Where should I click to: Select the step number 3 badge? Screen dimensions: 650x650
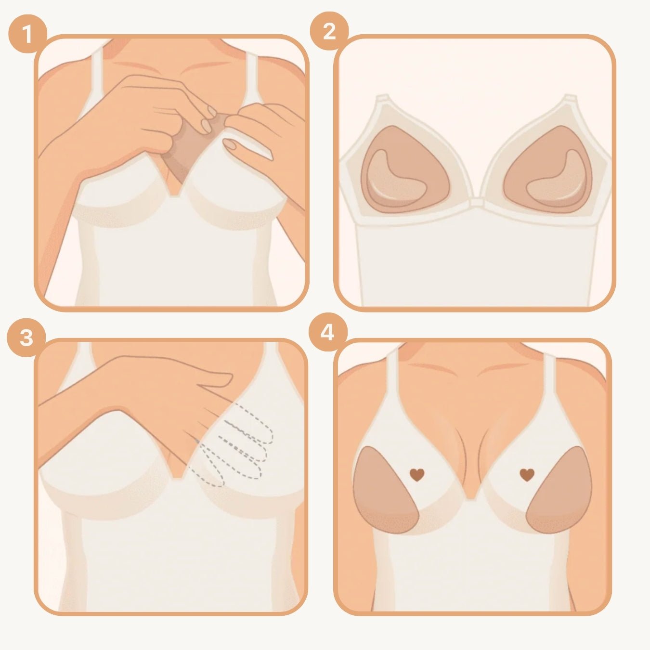point(26,337)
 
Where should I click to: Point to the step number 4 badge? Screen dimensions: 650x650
point(327,332)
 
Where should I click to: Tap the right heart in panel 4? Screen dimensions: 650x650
point(528,475)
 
